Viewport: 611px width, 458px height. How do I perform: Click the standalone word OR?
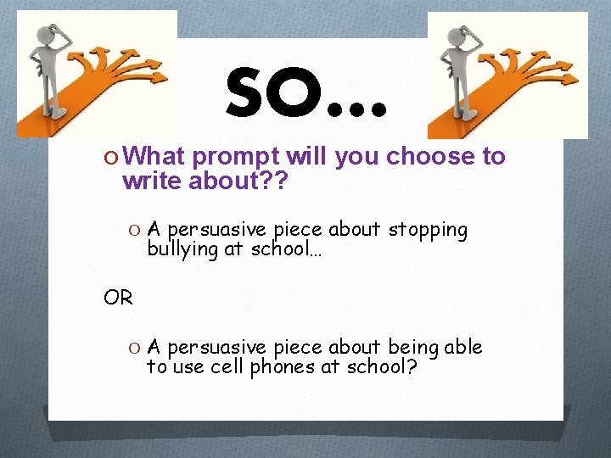tap(117, 298)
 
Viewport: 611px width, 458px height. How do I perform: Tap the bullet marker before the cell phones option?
tap(136, 348)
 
